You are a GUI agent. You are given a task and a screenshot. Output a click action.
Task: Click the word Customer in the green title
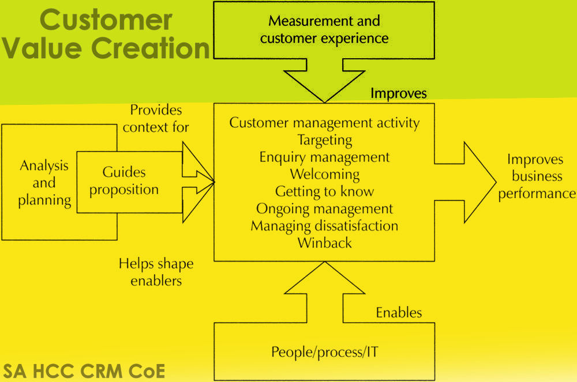106,20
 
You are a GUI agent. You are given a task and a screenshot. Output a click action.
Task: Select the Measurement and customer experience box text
324,30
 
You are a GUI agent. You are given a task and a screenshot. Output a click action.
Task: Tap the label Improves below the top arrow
398,93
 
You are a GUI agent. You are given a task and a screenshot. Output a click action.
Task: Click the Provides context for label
156,118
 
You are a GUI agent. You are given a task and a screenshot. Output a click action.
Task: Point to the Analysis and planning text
44,183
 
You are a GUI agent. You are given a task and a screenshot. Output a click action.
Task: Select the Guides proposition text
124,181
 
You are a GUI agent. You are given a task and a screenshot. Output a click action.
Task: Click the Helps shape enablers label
156,272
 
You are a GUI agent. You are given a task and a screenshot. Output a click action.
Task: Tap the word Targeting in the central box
325,140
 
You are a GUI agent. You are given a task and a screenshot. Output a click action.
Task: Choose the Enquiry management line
325,157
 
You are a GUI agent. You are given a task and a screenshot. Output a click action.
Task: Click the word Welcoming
325,174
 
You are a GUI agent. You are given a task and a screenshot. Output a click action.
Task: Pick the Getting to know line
325,191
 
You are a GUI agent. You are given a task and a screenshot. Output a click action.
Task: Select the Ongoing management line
325,209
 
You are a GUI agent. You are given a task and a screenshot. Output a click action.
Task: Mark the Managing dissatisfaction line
325,225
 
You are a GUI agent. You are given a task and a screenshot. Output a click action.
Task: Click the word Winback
325,243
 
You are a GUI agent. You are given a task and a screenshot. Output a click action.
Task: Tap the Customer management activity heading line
325,123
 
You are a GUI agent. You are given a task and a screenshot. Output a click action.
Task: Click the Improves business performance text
537,176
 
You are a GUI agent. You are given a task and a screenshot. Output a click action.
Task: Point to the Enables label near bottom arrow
399,313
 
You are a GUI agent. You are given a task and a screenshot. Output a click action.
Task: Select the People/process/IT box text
325,351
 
